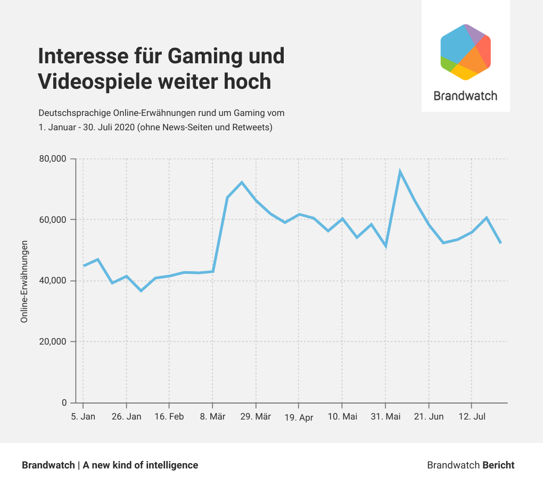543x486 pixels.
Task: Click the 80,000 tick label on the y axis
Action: (53, 159)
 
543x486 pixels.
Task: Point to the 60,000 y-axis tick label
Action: (53, 220)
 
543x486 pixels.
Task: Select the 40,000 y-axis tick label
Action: (53, 281)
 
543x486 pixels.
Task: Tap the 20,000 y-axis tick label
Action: (53, 341)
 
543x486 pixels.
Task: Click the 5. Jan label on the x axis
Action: (83, 416)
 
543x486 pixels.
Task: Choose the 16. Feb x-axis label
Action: (169, 416)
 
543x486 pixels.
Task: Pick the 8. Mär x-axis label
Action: (212, 416)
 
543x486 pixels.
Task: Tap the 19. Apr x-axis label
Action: (299, 417)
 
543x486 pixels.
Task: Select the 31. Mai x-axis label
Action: (385, 416)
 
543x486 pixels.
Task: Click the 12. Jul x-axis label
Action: (472, 416)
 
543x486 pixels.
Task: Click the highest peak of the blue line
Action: (400, 171)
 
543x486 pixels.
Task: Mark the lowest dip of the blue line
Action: (141, 291)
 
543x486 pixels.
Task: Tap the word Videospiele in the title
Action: (95, 82)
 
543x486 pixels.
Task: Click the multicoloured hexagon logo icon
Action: (465, 52)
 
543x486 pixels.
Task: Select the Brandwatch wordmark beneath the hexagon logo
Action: (465, 96)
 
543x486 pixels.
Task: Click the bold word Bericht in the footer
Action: (498, 465)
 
